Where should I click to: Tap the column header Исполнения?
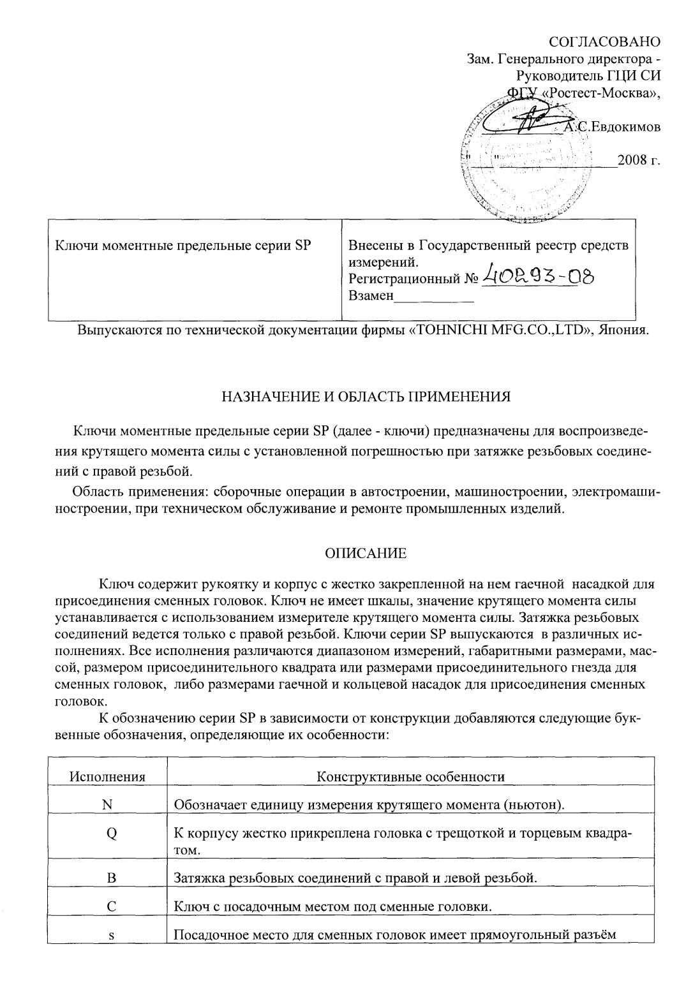click(x=107, y=777)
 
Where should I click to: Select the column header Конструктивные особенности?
click(x=410, y=777)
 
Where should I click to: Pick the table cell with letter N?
click(x=107, y=804)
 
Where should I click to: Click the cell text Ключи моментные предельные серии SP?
click(x=183, y=246)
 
